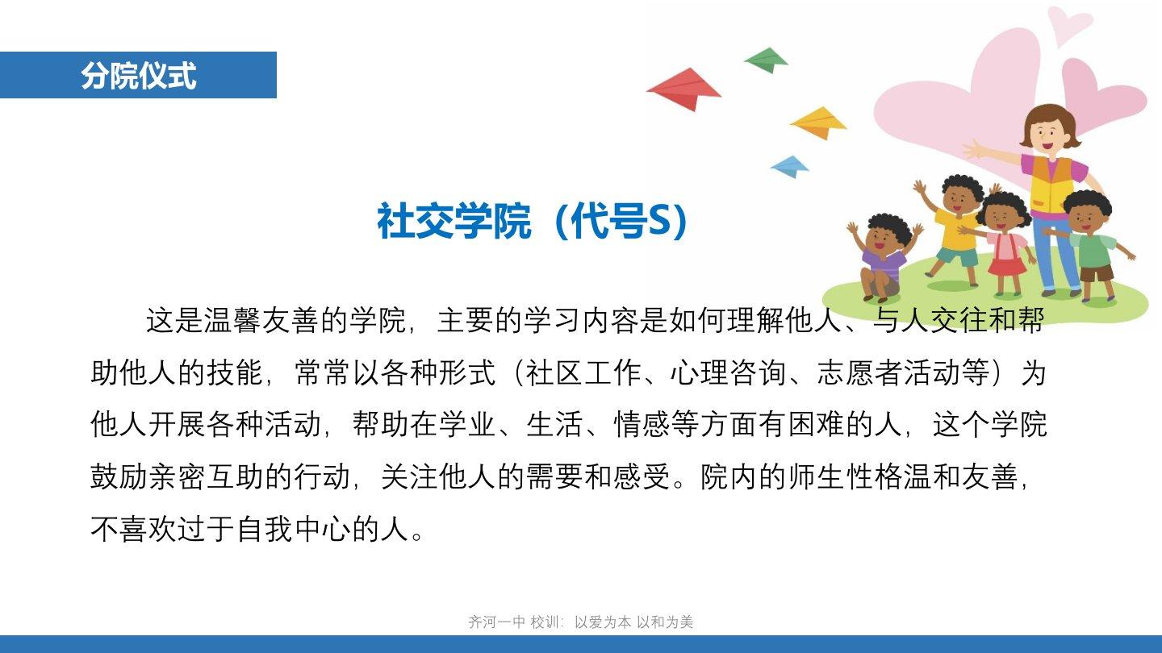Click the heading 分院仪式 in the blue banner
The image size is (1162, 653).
tap(139, 75)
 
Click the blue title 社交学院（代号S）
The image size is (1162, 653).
tap(533, 221)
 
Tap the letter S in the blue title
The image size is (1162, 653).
tap(660, 221)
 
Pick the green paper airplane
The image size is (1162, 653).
tap(767, 60)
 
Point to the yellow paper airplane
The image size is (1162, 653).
tap(818, 123)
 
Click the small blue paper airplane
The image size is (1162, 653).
tap(789, 166)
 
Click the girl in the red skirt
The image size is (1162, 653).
tap(1004, 243)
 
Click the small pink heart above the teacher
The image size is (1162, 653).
tap(1068, 23)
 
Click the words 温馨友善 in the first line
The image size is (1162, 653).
tap(261, 320)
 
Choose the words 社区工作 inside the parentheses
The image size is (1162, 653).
tap(583, 372)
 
